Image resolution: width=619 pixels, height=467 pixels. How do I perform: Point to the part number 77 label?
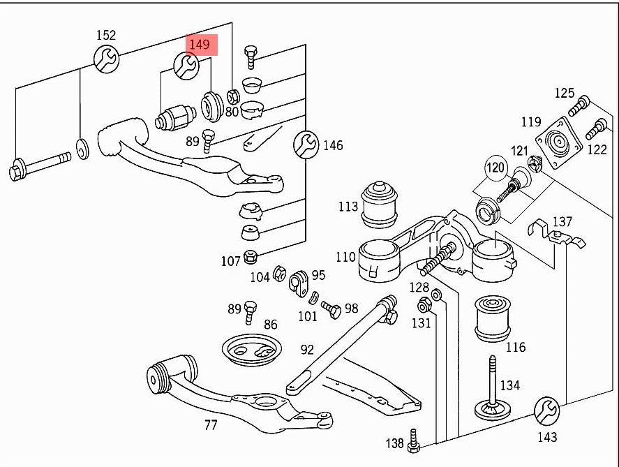click(x=210, y=425)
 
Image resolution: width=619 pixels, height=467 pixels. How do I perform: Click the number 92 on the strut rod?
click(x=307, y=350)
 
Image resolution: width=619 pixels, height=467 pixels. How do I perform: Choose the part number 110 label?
click(x=345, y=257)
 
